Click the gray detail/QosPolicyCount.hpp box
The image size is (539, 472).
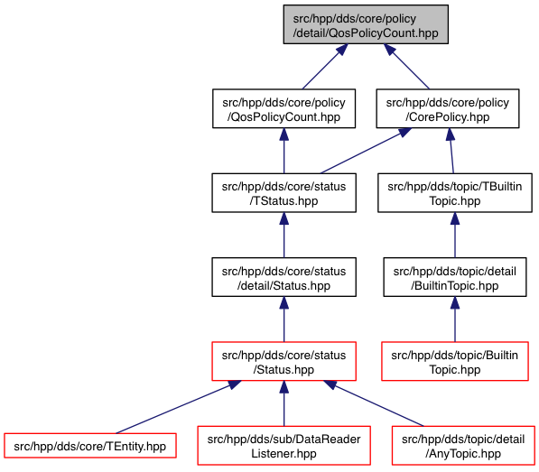(x=366, y=24)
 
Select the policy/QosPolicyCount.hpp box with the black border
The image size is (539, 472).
(x=283, y=108)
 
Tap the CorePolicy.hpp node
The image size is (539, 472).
(x=448, y=108)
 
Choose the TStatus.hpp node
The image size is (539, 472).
(x=283, y=193)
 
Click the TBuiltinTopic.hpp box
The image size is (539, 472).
(x=455, y=193)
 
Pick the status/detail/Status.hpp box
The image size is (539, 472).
(x=283, y=277)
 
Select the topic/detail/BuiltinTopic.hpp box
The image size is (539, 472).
(x=455, y=277)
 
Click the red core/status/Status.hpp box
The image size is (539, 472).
(x=283, y=361)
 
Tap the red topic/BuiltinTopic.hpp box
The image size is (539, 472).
(x=455, y=361)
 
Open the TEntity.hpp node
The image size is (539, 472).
(x=90, y=446)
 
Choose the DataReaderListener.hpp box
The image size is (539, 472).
(x=283, y=446)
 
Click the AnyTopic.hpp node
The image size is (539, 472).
(x=463, y=446)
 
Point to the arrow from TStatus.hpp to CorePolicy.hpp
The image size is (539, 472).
(x=366, y=151)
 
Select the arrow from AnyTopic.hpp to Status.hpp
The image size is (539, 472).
(x=374, y=403)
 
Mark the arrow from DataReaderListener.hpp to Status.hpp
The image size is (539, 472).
(x=283, y=403)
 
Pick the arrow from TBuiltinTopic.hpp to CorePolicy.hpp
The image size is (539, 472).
(x=451, y=151)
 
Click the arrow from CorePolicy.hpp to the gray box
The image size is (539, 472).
(x=406, y=67)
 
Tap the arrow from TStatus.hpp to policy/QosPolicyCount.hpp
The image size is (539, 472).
(x=283, y=151)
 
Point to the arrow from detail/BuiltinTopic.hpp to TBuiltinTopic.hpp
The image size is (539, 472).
(x=455, y=235)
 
